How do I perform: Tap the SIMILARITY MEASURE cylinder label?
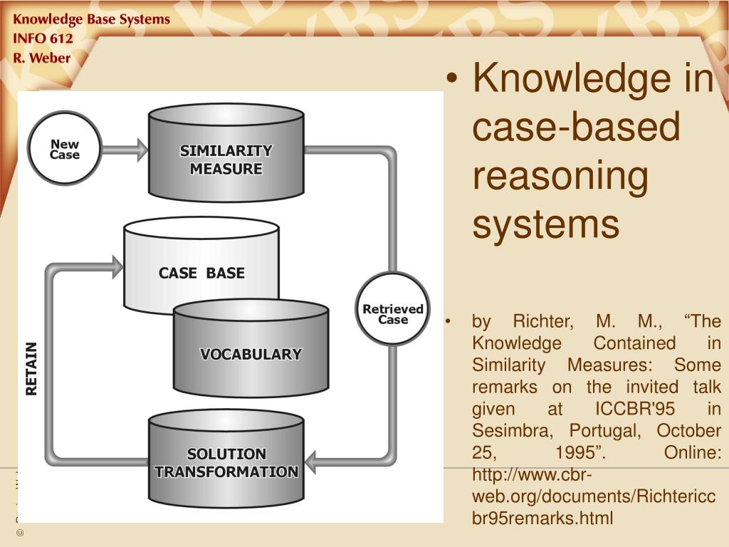(226, 160)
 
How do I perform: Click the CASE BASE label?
(201, 273)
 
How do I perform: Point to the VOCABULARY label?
(251, 354)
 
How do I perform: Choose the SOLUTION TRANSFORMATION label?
(226, 463)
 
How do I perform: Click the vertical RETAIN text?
(31, 368)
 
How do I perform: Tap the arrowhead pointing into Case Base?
(117, 267)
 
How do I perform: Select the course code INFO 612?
(43, 38)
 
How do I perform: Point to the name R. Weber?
(42, 58)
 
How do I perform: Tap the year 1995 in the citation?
(576, 453)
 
